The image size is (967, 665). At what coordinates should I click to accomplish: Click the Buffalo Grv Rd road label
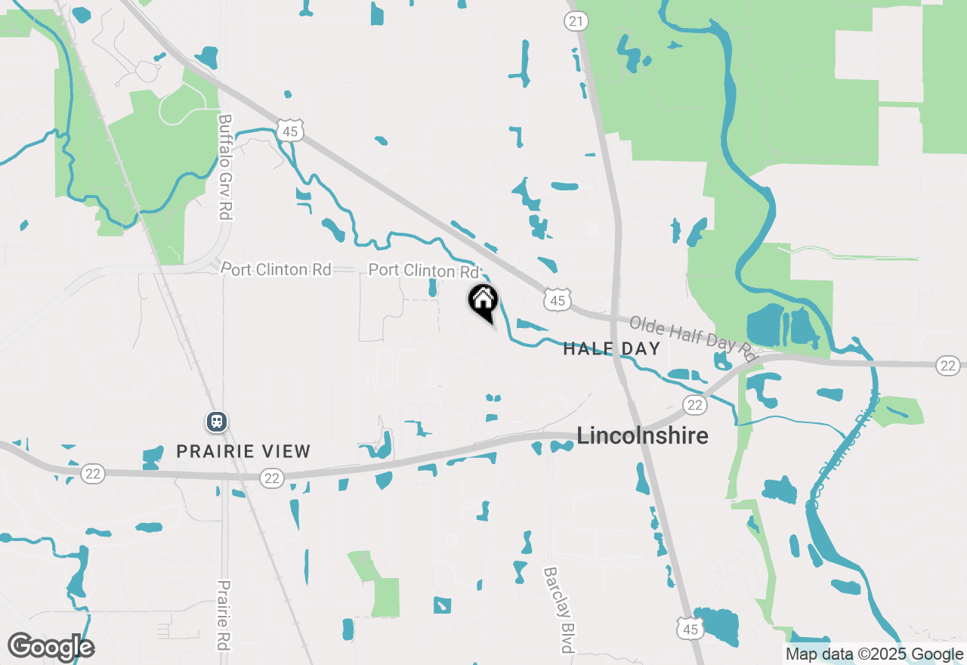[225, 166]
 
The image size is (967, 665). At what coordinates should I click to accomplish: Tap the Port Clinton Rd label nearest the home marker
[424, 271]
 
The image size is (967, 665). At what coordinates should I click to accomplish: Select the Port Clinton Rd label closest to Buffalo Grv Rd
[277, 269]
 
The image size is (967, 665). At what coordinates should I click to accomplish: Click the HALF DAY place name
[612, 348]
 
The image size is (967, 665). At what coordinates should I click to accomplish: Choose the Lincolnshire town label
[643, 436]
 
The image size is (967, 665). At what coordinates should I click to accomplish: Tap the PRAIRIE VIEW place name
[243, 451]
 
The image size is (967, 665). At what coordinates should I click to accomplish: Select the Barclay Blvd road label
[560, 610]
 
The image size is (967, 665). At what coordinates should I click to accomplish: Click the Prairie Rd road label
[224, 616]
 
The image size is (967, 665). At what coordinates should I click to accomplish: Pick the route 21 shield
[576, 21]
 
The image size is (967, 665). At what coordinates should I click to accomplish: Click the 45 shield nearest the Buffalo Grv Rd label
[291, 131]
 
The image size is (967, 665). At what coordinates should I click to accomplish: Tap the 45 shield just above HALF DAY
[557, 301]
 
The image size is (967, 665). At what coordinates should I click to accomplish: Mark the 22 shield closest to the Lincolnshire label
[696, 405]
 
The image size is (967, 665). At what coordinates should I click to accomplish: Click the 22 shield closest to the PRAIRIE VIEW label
[272, 478]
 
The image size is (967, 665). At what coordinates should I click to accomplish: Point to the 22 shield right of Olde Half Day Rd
[948, 366]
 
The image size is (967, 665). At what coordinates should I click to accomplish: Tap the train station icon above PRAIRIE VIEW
[217, 421]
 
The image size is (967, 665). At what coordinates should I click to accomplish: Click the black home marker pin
[483, 301]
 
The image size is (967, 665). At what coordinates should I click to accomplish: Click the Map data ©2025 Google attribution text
[874, 654]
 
